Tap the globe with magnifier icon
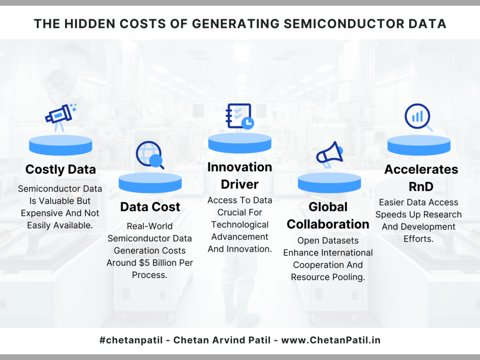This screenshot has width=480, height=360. click(x=150, y=155)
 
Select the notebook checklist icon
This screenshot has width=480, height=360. click(x=240, y=116)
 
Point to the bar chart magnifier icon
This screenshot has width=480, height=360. click(x=419, y=118)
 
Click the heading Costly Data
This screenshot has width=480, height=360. click(x=60, y=169)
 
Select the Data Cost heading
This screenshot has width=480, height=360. click(x=150, y=207)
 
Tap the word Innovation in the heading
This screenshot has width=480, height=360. click(x=240, y=167)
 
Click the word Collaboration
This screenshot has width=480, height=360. click(x=328, y=224)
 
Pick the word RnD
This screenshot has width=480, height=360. click(x=421, y=187)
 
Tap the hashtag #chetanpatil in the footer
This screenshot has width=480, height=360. click(x=131, y=340)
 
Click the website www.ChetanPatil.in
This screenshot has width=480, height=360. click(x=330, y=340)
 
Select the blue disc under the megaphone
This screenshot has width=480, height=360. click(x=330, y=182)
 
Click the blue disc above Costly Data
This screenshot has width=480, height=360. click(x=60, y=145)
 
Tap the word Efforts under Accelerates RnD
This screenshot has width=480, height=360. click(x=419, y=239)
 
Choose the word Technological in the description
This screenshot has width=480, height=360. click(x=240, y=225)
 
